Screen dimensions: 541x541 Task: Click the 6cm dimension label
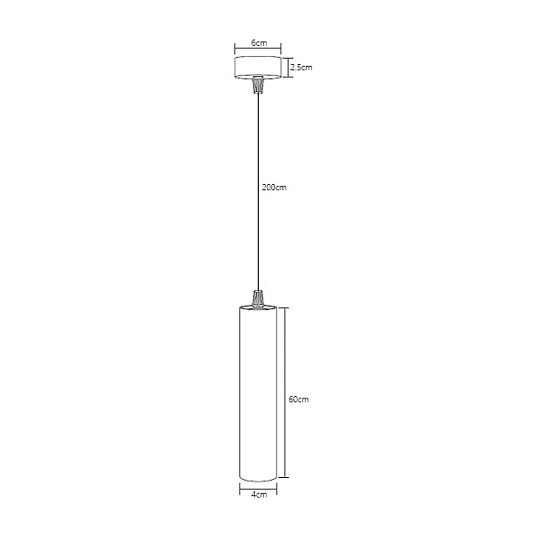(259, 43)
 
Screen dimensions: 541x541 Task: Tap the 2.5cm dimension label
(301, 68)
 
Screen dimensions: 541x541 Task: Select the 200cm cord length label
(274, 188)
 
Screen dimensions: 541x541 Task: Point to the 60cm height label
(298, 399)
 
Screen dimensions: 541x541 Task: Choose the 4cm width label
(259, 494)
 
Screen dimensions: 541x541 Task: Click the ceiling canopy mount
(258, 68)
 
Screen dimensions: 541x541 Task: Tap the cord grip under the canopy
(258, 85)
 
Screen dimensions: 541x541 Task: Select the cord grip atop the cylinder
(258, 298)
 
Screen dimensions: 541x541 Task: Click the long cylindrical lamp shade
(258, 393)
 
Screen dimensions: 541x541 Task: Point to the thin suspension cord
(258, 192)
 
